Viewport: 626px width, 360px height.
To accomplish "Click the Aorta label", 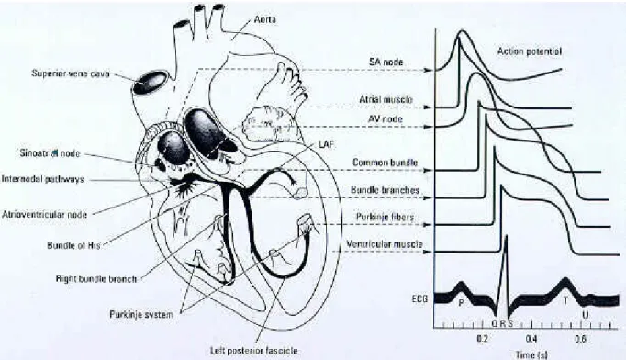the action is tap(265, 19).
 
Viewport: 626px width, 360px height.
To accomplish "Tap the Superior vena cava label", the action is tap(71, 73).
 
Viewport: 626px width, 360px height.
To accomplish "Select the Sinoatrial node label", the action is tap(50, 153).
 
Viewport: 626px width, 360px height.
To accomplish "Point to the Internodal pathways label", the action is tap(43, 179).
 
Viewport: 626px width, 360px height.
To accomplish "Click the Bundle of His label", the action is tap(73, 245).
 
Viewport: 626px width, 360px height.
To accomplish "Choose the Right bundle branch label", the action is tap(96, 279).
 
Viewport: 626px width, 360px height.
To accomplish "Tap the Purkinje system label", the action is tap(141, 314).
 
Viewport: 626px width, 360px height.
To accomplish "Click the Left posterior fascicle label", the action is tap(254, 351).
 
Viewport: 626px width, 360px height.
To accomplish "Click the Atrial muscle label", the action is tap(386, 99).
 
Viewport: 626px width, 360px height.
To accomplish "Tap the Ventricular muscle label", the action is tap(385, 243).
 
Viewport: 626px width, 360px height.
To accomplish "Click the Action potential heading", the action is tap(530, 51).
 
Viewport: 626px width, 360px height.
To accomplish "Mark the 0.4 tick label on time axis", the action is tap(531, 339).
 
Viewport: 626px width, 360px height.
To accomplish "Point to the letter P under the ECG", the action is tap(461, 302).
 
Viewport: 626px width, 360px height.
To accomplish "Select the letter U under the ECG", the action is tap(585, 315).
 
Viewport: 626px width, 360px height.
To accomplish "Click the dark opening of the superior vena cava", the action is tap(150, 83).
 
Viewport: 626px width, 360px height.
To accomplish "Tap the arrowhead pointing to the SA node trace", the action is tap(428, 71).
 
